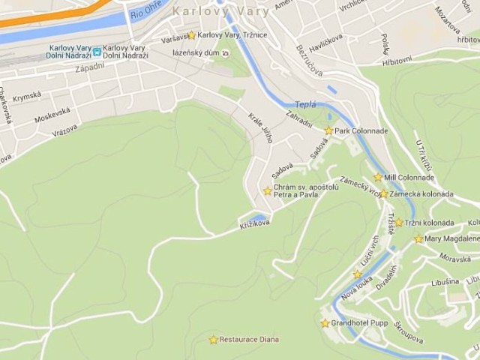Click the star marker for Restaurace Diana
tap(213, 340)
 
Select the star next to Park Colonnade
tap(328, 130)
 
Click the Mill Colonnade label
tap(409, 178)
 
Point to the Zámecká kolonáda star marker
tap(383, 193)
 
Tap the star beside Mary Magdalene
tap(418, 239)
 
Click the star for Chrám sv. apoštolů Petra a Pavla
tap(267, 191)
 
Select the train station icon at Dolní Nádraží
tap(97, 51)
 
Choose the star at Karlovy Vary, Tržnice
tap(192, 34)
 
